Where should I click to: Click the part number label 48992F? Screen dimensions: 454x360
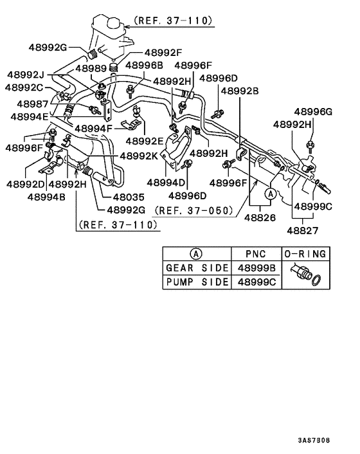click(163, 53)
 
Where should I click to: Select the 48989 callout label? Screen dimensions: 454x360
click(92, 68)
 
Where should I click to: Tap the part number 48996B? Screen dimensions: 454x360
click(144, 66)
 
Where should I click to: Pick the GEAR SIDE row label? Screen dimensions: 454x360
click(197, 268)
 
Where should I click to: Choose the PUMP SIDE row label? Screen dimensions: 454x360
click(197, 282)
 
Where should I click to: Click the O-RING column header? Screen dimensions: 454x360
click(306, 253)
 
